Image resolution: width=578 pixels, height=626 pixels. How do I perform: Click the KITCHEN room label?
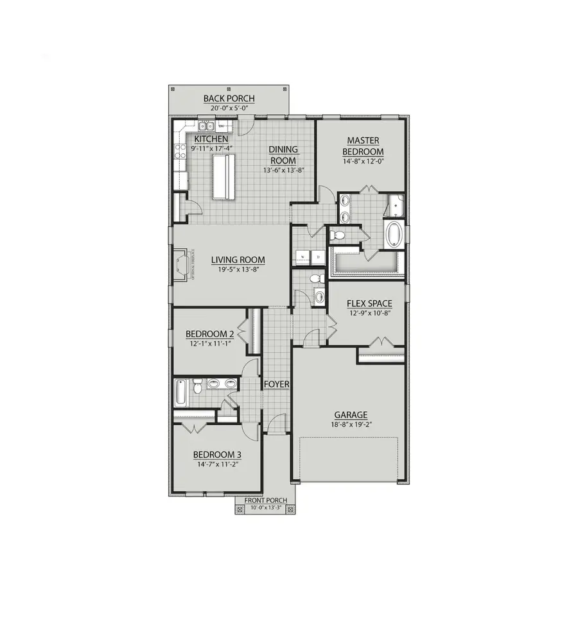[209, 139]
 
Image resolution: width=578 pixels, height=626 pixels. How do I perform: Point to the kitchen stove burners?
[179, 154]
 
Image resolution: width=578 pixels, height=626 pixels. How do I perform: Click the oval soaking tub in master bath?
[392, 235]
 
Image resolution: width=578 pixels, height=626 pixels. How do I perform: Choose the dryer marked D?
[318, 257]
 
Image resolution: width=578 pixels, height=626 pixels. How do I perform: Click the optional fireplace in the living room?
[182, 264]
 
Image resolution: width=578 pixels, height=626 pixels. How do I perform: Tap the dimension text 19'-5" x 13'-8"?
[238, 269]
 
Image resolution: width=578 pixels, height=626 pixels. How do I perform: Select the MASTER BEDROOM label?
[363, 146]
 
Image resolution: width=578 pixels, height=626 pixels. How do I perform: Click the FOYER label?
[277, 385]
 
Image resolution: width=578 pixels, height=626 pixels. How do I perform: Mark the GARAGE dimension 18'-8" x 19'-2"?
[350, 425]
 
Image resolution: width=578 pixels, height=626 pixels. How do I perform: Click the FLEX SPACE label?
[369, 303]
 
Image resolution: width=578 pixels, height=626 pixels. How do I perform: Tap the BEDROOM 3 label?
[216, 455]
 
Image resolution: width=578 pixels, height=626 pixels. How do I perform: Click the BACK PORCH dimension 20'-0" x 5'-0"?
[229, 108]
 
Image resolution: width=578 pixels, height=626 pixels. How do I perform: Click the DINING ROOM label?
[283, 155]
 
